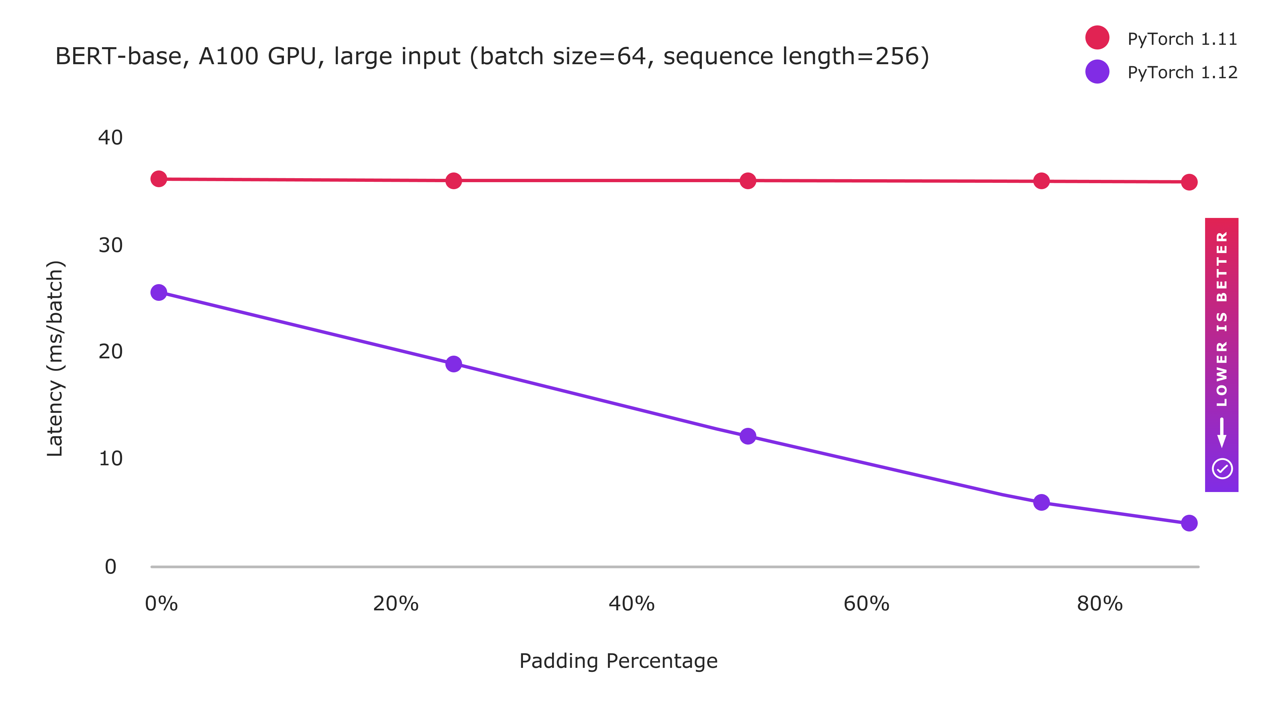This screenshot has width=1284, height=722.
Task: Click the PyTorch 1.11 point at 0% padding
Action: click(158, 178)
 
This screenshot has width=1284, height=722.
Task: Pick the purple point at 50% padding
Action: click(748, 436)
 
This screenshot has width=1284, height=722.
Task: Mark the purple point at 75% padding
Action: click(1041, 502)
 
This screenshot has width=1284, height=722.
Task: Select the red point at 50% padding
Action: click(748, 180)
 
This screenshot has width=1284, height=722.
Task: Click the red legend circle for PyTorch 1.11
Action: click(1097, 37)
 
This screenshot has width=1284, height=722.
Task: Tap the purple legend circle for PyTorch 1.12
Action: click(1097, 72)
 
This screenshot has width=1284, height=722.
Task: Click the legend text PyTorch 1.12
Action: click(1182, 73)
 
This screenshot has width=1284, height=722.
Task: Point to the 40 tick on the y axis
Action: click(110, 137)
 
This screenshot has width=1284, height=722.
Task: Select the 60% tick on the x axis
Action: click(866, 604)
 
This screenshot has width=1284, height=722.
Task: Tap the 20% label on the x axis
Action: click(396, 604)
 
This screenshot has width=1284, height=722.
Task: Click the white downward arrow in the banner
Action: click(1222, 433)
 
